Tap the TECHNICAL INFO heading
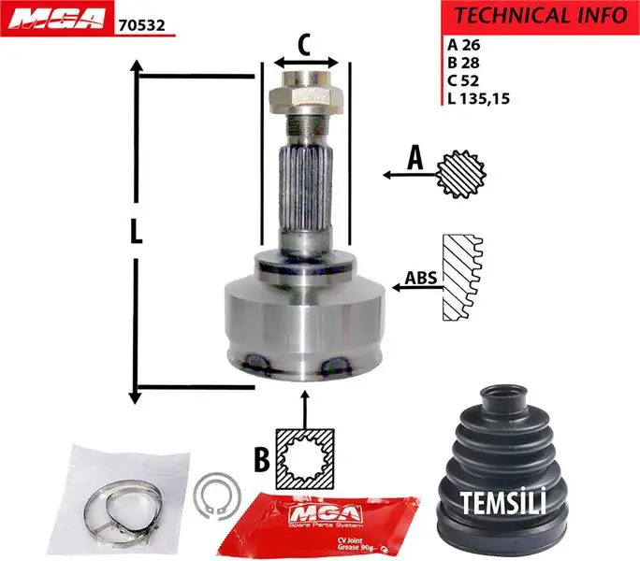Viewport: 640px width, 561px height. pos(541,16)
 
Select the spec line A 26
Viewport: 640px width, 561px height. pos(462,43)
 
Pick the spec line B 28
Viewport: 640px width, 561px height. pos(462,62)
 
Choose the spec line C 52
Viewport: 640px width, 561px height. pos(462,79)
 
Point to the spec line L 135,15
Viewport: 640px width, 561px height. pos(479,98)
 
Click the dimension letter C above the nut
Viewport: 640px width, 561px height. pos(304,42)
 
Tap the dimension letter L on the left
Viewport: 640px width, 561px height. pos(137,232)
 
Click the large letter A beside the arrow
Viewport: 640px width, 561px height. pos(415,159)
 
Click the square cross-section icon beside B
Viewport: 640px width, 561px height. pos(306,457)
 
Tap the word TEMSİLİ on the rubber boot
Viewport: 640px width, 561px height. pos(503,502)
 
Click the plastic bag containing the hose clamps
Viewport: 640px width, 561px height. pos(116,499)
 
